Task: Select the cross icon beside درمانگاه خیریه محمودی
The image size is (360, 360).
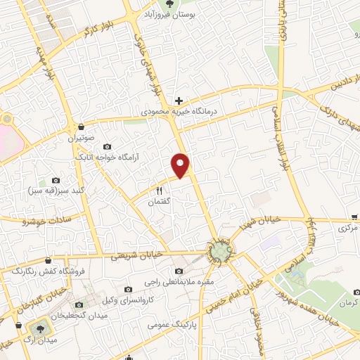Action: coord(179,101)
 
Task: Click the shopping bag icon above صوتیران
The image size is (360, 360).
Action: coord(83,127)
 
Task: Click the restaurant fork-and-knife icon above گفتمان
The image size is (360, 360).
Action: coord(159,191)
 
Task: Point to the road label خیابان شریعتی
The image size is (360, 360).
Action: coord(139,254)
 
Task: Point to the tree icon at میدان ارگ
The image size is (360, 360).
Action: coord(38,328)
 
